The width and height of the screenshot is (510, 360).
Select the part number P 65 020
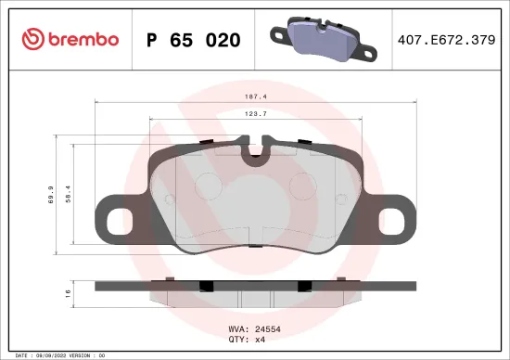tap(194, 40)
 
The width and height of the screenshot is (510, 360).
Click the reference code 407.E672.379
tap(445, 40)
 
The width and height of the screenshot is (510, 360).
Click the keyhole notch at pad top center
tap(254, 154)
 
